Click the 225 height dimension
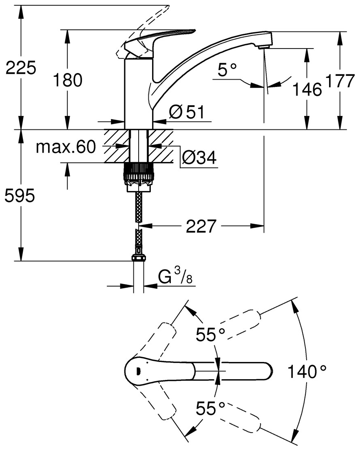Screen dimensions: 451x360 pos(21,68)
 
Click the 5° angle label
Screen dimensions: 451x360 pos(227,70)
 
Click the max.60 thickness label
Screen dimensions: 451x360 pos(65,147)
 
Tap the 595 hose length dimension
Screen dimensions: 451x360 pos(20,196)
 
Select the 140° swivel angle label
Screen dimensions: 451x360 pos(307,372)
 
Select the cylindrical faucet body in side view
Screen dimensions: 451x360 pos(138,94)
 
